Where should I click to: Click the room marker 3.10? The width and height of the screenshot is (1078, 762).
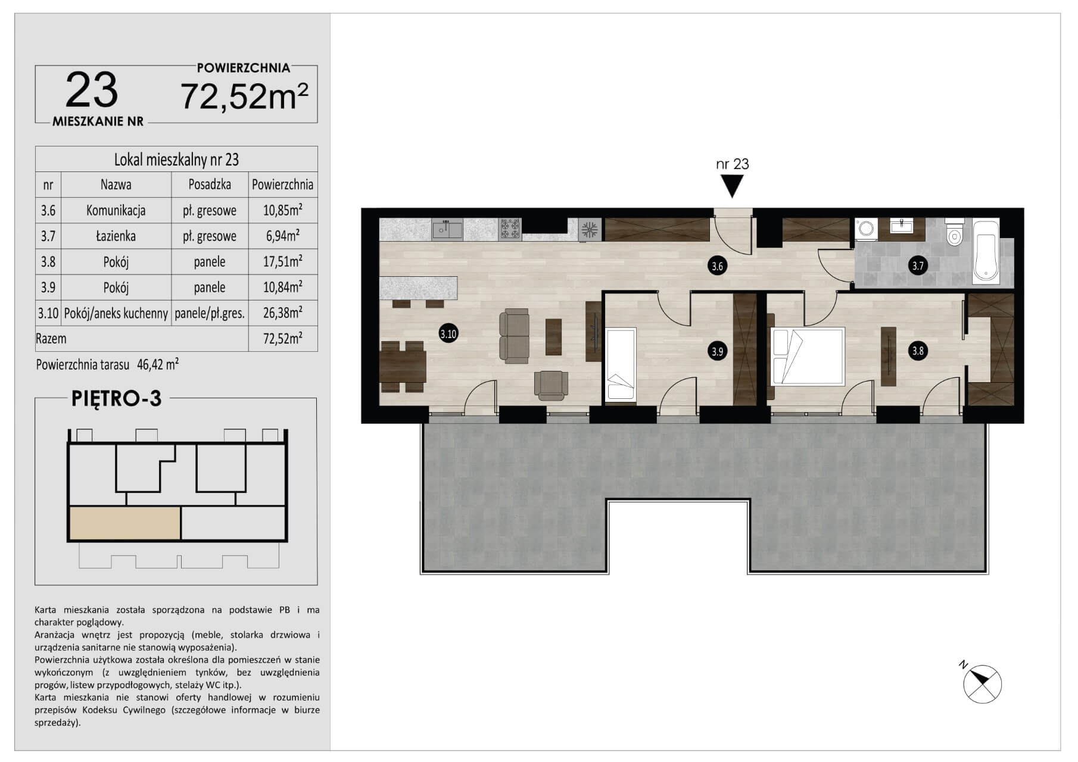coord(448,334)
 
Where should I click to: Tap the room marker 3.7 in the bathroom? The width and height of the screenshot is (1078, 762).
coord(918,266)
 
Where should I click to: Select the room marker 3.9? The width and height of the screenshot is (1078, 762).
coord(718,351)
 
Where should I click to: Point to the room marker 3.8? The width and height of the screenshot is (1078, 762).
coord(918,351)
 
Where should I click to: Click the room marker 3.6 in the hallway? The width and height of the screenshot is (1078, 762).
coord(718,266)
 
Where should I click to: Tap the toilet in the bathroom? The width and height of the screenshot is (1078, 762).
coord(955,233)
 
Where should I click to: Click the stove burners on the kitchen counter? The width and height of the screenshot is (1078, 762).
coord(510,229)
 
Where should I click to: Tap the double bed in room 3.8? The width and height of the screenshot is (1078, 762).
coord(808,356)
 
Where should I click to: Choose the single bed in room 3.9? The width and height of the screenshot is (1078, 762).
coord(621,364)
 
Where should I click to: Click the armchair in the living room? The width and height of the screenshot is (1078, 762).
coord(551,385)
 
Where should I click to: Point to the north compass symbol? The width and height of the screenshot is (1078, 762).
coord(981,683)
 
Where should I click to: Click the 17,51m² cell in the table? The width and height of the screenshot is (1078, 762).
coord(283,261)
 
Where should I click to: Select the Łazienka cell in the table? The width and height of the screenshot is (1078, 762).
coord(116,236)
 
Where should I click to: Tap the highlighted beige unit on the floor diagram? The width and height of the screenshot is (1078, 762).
coord(125,523)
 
